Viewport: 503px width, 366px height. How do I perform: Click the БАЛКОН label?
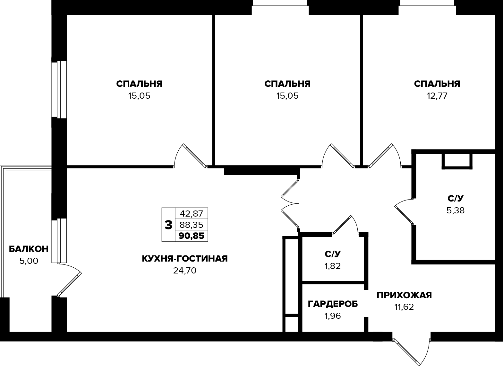click(x=29, y=249)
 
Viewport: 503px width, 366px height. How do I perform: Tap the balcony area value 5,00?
click(x=29, y=261)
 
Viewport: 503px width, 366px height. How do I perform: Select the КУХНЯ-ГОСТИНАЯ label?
click(x=185, y=259)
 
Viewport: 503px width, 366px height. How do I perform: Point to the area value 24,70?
click(x=185, y=271)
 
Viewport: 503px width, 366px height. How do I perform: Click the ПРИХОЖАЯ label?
click(x=404, y=295)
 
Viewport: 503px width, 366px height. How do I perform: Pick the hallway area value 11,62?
click(x=404, y=307)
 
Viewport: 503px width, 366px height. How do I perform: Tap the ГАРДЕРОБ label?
click(x=333, y=304)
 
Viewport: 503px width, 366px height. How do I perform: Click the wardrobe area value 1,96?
click(x=333, y=316)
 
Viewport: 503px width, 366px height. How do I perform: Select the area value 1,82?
click(x=333, y=266)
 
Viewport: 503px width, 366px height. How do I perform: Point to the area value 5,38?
click(x=456, y=210)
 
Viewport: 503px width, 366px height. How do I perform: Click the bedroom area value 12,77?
click(x=437, y=96)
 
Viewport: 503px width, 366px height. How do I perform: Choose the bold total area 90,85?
click(x=192, y=236)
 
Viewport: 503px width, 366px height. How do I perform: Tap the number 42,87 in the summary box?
click(x=192, y=213)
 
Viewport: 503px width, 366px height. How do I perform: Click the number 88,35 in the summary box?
click(x=192, y=225)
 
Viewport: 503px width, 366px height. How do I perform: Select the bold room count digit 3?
click(x=168, y=225)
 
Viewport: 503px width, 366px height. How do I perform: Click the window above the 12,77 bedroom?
click(x=427, y=7)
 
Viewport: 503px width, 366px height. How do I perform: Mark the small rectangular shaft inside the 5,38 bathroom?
click(x=457, y=161)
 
